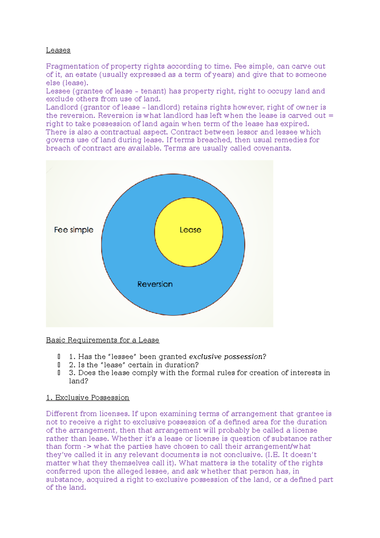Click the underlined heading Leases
[58, 50]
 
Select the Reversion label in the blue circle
[155, 284]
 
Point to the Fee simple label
[73, 230]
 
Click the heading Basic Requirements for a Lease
[102, 340]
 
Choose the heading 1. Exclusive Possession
[87, 398]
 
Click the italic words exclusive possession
[225, 357]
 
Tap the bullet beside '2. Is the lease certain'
[59, 365]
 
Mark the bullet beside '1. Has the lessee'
[59, 357]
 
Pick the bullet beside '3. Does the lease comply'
[59, 373]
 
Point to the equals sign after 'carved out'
[331, 116]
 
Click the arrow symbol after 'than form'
[87, 447]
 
